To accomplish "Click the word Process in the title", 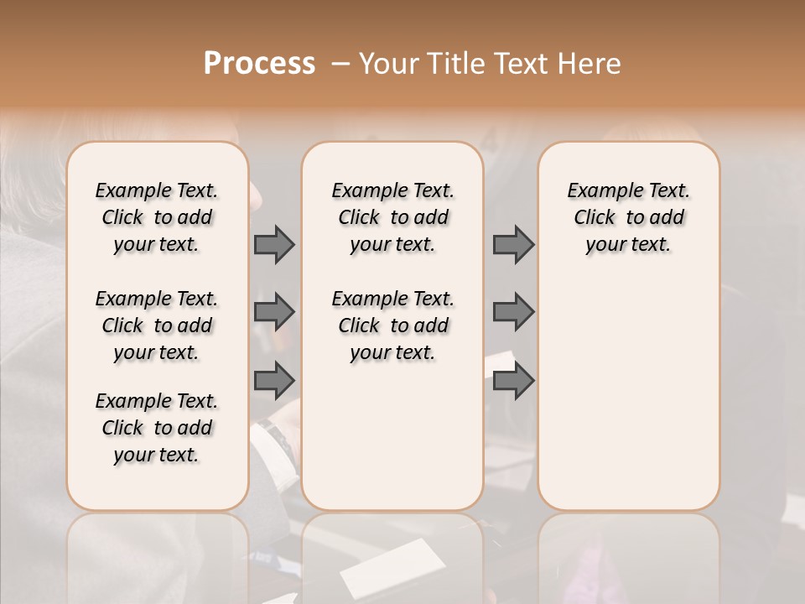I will click(x=259, y=64).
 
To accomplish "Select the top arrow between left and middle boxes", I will click(x=274, y=245).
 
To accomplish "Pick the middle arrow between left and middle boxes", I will click(x=274, y=312).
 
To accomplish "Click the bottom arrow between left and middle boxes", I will click(x=274, y=381).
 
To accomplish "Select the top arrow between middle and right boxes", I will click(x=513, y=245).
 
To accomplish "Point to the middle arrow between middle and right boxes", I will click(x=513, y=312).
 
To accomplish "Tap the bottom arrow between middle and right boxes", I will click(x=513, y=381).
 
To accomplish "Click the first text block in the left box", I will click(x=157, y=217).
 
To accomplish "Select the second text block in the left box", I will click(x=157, y=325).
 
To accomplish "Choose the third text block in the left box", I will click(x=157, y=428).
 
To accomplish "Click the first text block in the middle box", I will click(x=392, y=217).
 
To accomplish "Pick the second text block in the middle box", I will click(x=392, y=325).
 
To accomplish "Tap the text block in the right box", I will click(x=628, y=217).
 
